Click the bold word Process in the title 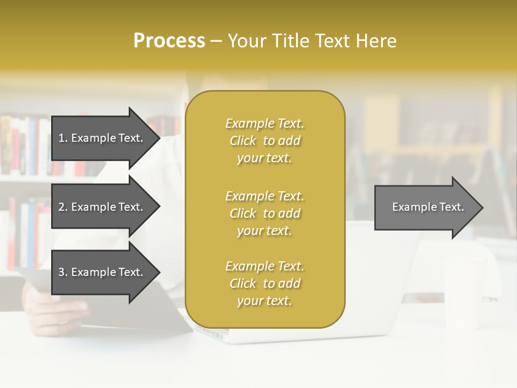[x=169, y=41]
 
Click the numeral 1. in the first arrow [x=63, y=138]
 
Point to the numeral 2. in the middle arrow [x=63, y=207]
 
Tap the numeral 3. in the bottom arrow [x=63, y=272]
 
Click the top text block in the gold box [x=264, y=141]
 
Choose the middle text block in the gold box [x=264, y=213]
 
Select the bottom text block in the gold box [x=264, y=283]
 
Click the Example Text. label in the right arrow [x=428, y=207]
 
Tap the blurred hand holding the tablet [x=54, y=307]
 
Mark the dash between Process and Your [x=216, y=41]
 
